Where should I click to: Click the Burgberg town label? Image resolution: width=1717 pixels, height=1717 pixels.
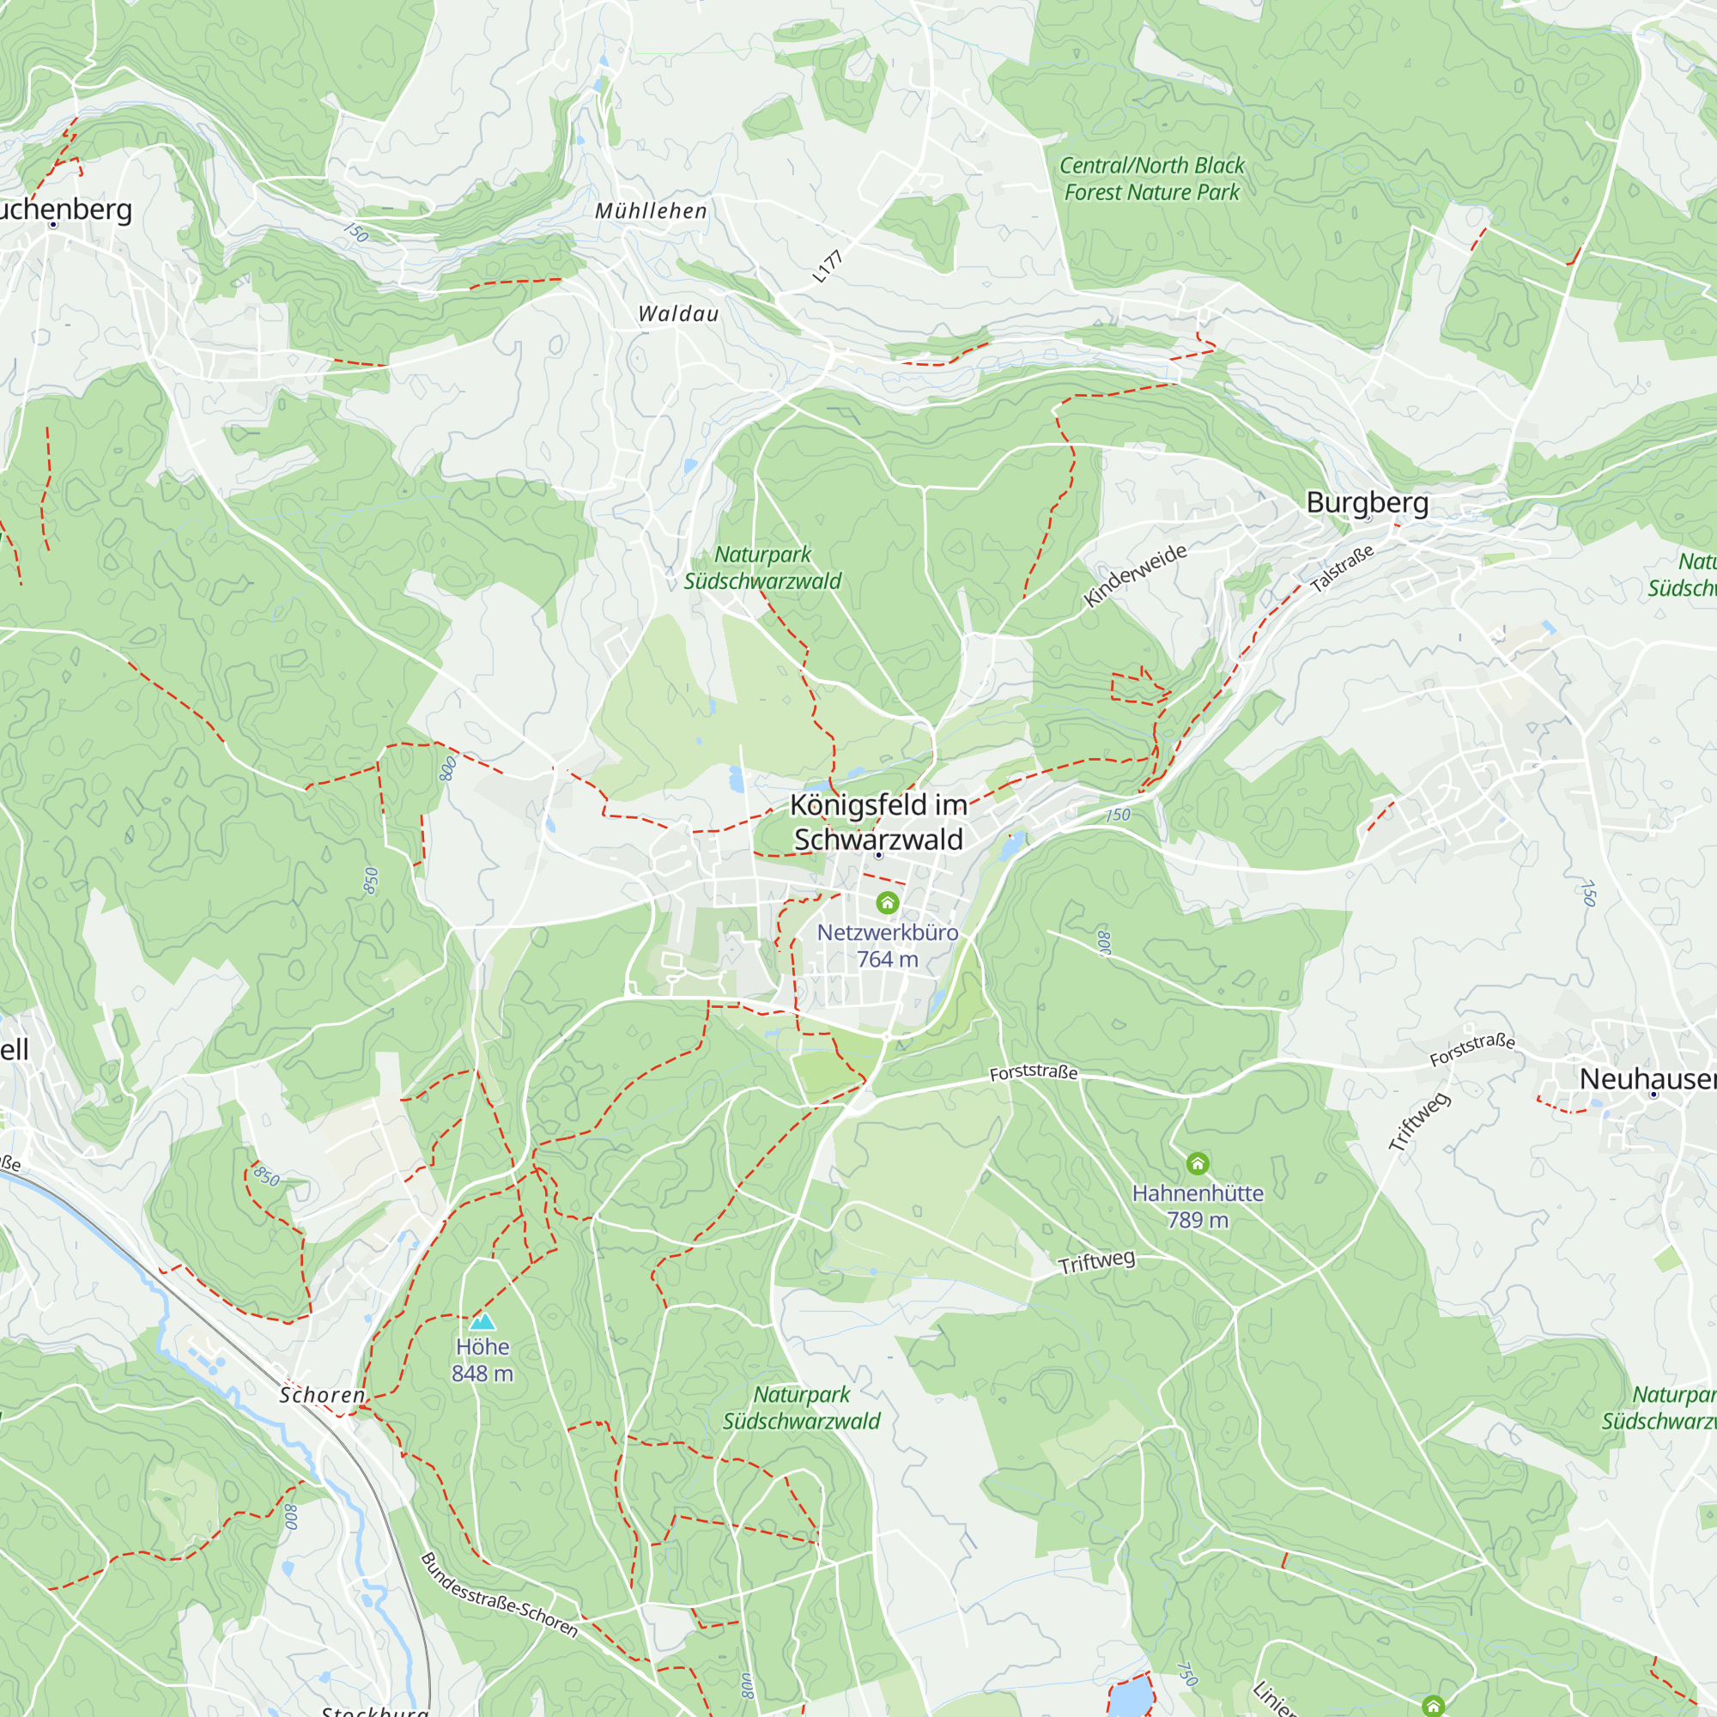[x=1367, y=503]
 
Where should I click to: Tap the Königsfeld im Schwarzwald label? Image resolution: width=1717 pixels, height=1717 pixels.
[x=878, y=822]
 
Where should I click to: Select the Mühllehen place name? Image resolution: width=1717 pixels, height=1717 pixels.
[x=652, y=211]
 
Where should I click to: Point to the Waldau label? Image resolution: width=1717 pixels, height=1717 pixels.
[x=678, y=313]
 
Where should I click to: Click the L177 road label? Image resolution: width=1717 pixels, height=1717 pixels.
[x=828, y=267]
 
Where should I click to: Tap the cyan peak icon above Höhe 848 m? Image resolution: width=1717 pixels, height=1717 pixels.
[x=482, y=1321]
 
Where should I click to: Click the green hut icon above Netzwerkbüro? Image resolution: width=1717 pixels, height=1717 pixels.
[x=887, y=903]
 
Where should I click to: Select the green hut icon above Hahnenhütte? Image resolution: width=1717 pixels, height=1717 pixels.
[x=1197, y=1163]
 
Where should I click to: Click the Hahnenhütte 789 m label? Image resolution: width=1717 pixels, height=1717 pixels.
[x=1197, y=1206]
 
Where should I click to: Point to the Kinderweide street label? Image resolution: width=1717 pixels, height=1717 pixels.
[x=1135, y=576]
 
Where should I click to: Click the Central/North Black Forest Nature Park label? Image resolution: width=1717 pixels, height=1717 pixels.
[x=1152, y=179]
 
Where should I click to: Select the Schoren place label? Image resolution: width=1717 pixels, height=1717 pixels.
[x=322, y=1395]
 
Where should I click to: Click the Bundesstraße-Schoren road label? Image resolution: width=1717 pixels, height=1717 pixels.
[x=499, y=1595]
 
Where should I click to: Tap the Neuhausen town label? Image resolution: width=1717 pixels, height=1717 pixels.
[x=1646, y=1079]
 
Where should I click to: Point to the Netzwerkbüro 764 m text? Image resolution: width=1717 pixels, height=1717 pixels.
[x=887, y=945]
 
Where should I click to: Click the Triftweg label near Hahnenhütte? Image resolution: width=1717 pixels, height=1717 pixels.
[x=1095, y=1262]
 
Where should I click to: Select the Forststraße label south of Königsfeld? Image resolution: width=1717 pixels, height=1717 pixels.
[x=1033, y=1072]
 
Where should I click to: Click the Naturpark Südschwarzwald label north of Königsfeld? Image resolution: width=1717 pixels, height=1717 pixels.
[x=762, y=567]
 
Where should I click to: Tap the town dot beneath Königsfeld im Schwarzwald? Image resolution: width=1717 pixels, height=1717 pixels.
[x=878, y=855]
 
